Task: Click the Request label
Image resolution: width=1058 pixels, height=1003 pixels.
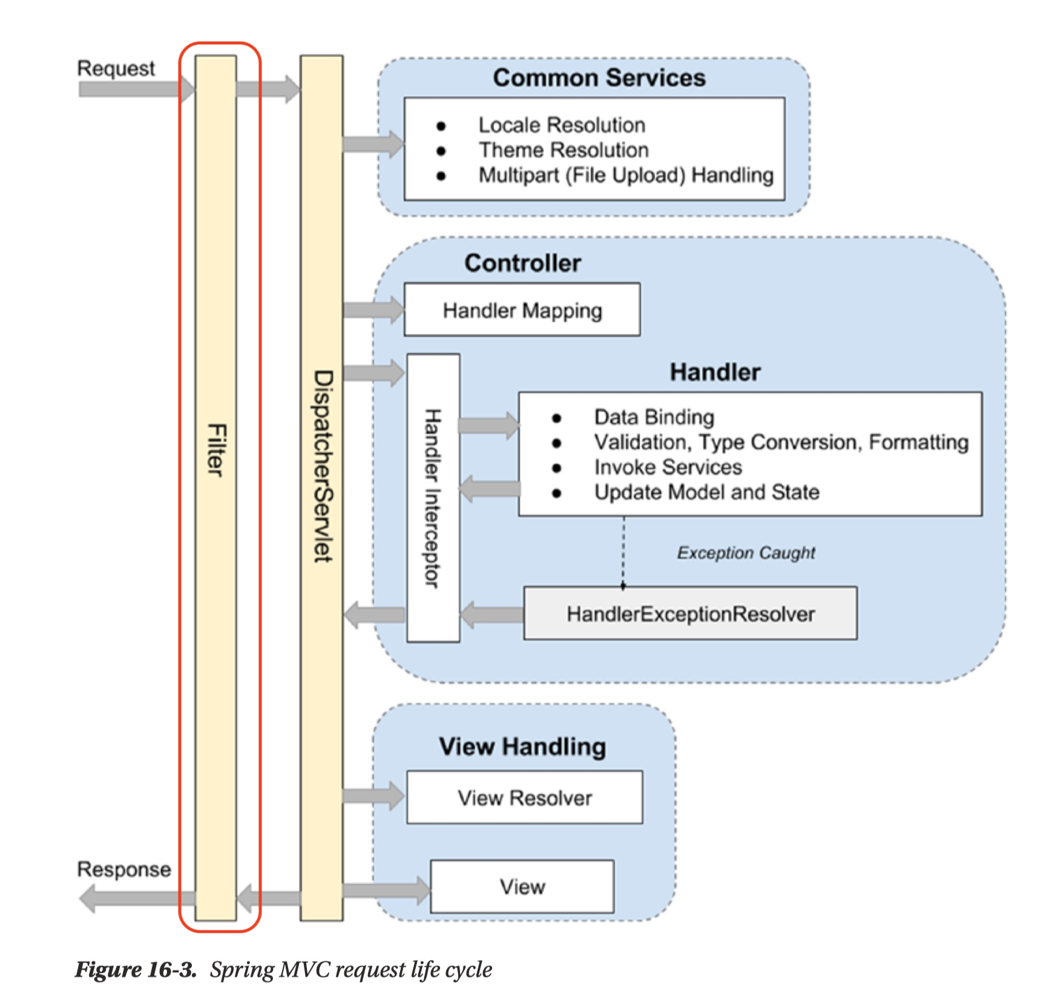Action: [116, 68]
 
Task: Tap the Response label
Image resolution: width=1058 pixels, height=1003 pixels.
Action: [123, 869]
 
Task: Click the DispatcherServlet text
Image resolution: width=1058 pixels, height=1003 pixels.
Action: [323, 466]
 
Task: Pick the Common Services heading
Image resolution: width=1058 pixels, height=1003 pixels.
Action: [599, 78]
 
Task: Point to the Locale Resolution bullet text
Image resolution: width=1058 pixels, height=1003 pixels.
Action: [562, 125]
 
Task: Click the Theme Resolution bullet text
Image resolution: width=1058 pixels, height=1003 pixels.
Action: [563, 150]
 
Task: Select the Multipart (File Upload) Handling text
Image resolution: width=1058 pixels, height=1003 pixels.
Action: [626, 175]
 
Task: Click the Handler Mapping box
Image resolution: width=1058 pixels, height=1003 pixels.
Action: [522, 310]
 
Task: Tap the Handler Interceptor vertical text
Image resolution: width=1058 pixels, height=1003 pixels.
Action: [432, 498]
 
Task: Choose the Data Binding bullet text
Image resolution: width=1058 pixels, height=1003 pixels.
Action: [654, 417]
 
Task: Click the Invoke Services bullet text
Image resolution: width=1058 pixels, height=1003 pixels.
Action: [668, 467]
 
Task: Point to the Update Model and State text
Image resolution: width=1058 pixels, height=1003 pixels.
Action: [706, 492]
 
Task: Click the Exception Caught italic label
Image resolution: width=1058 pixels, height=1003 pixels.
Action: [746, 553]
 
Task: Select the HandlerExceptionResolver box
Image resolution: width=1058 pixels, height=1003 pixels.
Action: [690, 613]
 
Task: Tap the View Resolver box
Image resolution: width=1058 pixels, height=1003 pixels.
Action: [524, 797]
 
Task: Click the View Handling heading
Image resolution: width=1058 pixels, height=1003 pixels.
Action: [522, 747]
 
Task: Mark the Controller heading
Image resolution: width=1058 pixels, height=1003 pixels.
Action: [522, 263]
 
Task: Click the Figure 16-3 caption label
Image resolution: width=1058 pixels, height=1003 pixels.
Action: [136, 970]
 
